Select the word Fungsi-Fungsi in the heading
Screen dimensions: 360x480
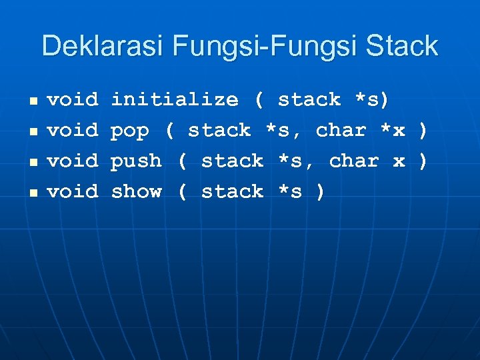(263, 46)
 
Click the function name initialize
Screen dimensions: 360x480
(175, 100)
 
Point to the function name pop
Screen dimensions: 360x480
(130, 131)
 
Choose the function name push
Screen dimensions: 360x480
(136, 161)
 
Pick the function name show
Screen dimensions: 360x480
(136, 192)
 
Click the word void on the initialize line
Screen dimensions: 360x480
(73, 100)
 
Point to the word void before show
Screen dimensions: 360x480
(73, 192)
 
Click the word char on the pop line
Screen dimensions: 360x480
(341, 131)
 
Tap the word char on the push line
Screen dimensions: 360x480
(354, 161)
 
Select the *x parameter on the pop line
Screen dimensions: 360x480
(392, 131)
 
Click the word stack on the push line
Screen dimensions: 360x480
(233, 161)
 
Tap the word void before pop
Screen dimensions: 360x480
(73, 131)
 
